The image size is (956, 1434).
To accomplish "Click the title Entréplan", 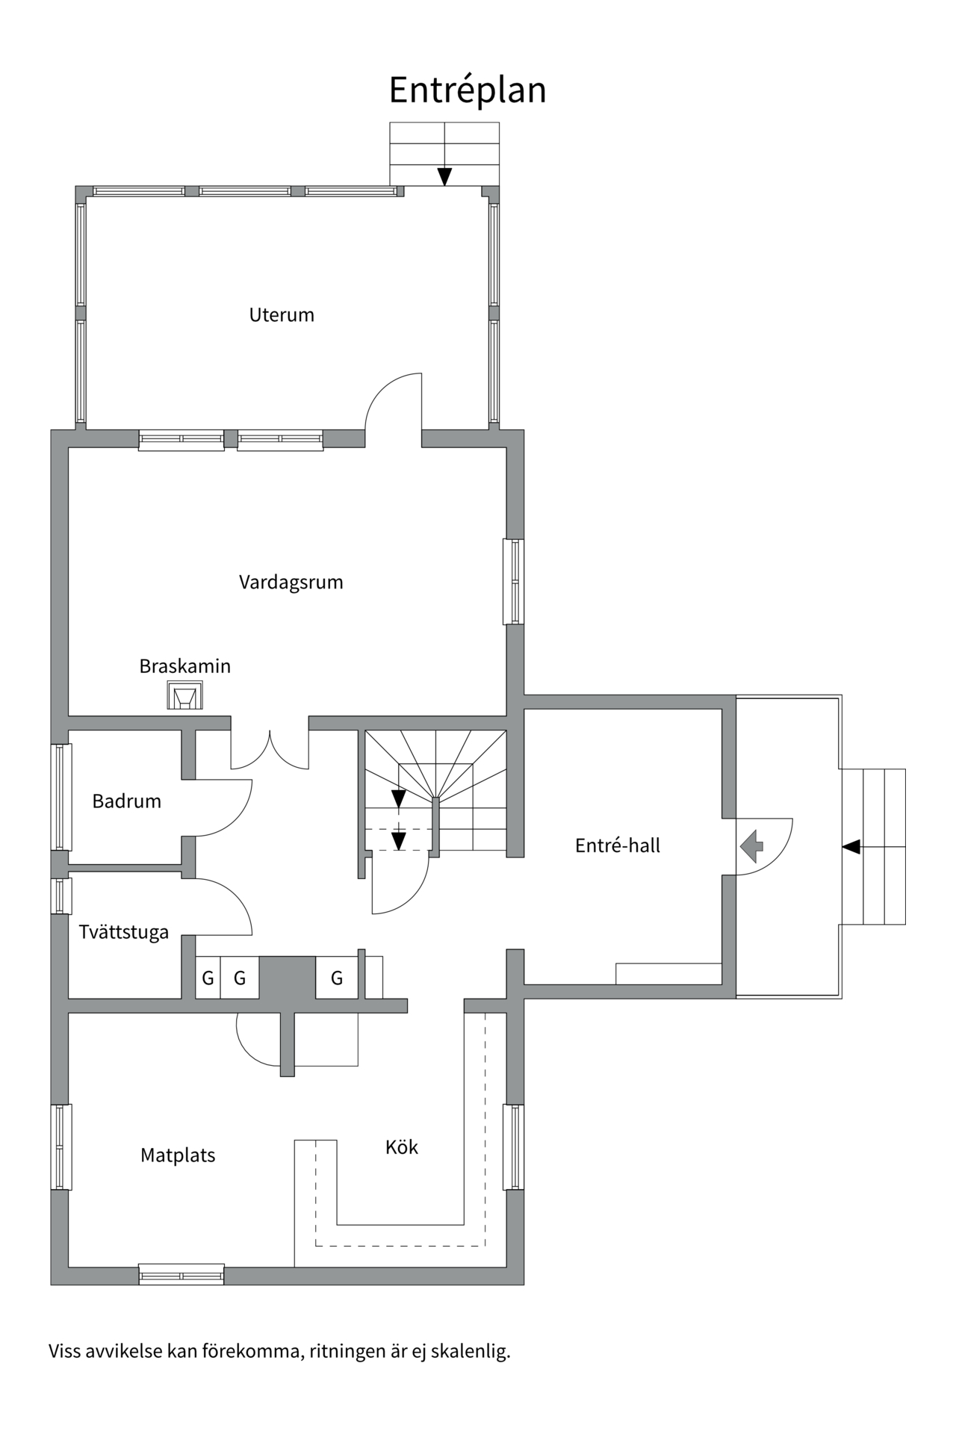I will pos(468,90).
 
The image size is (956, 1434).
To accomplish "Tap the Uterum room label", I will pos(282,314).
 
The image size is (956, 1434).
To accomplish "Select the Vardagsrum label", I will pos(291,582).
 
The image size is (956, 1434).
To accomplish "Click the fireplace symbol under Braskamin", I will pos(184,696).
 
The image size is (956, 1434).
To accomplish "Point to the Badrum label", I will pos(126,801).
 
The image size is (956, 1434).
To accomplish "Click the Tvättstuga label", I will pos(124,932).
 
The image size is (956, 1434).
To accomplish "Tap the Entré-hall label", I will pos(618,845).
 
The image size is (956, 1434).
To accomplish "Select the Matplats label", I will pos(178,1155).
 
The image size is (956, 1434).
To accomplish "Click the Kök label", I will pos(402,1147).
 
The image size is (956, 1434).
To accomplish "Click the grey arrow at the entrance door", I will pos(752,846).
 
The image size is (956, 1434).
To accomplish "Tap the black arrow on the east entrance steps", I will pos(851,847).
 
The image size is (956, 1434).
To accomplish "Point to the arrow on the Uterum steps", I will pos(444,176).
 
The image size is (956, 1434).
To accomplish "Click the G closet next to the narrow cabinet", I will pos(336,978).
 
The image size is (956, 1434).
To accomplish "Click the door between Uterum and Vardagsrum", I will pos(394,407).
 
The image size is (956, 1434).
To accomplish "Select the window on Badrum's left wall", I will pos(61,797).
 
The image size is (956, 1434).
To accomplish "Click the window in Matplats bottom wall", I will pos(181,1274).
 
